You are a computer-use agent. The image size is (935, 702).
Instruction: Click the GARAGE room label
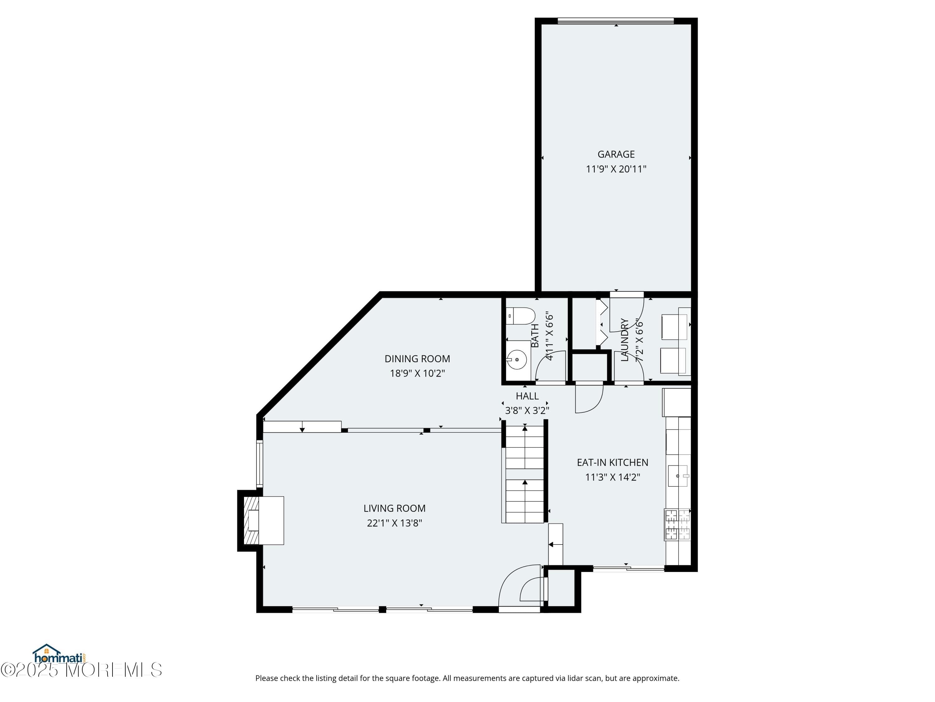(616, 154)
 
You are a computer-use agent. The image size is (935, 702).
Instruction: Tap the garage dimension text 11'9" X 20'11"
(616, 169)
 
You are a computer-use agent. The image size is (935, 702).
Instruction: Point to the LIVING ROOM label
(394, 508)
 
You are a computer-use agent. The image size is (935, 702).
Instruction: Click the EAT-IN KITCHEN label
(612, 462)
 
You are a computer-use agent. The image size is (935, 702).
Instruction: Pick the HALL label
(527, 396)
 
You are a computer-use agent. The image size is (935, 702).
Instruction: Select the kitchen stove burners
(677, 525)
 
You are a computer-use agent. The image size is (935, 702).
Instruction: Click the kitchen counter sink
(678, 476)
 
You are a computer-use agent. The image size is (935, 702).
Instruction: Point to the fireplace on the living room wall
(260, 520)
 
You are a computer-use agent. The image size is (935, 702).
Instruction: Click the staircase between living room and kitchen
(525, 474)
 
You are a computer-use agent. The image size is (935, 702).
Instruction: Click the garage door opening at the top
(616, 21)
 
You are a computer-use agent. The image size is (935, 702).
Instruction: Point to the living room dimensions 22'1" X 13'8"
(394, 523)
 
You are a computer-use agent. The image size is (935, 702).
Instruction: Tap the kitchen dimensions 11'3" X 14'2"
(612, 477)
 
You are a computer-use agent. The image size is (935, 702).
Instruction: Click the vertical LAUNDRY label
(624, 340)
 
